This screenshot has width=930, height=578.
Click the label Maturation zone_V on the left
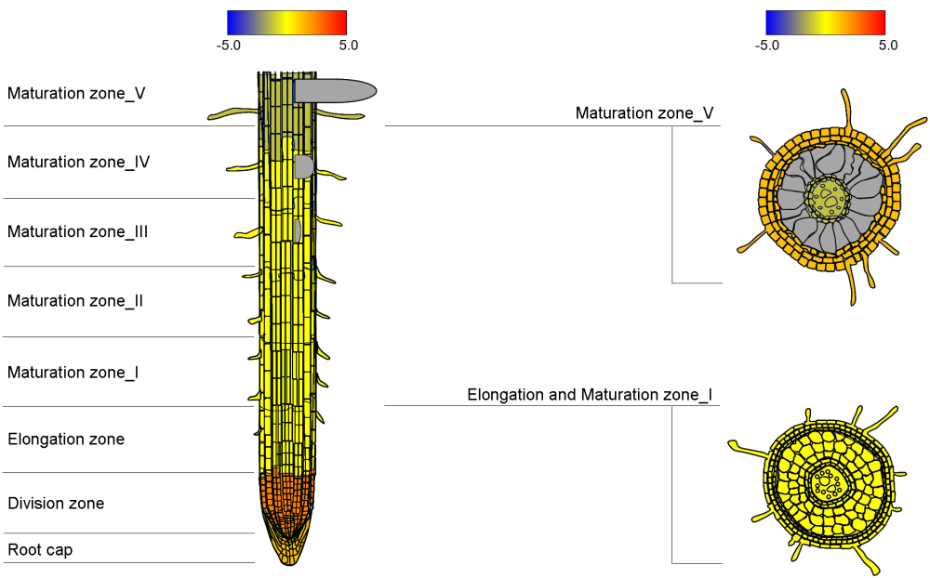(x=76, y=93)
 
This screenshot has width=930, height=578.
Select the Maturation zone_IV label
(x=78, y=162)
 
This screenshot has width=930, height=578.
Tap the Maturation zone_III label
(x=77, y=231)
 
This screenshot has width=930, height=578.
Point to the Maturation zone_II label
(x=74, y=301)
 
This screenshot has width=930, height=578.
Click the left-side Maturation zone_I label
(x=73, y=373)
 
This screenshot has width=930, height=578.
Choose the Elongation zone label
(x=65, y=439)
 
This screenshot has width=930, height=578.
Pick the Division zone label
(x=56, y=504)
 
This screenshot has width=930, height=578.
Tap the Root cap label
(x=40, y=550)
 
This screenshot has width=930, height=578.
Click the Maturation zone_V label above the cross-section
(x=644, y=113)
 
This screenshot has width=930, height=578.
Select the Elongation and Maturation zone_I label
(x=590, y=395)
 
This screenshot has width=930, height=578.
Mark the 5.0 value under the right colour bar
(x=887, y=45)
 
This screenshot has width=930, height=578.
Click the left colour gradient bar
(x=286, y=22)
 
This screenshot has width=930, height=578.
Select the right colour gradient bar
(x=825, y=22)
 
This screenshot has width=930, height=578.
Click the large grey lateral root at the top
(x=335, y=90)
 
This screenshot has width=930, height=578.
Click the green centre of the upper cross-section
(x=828, y=196)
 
